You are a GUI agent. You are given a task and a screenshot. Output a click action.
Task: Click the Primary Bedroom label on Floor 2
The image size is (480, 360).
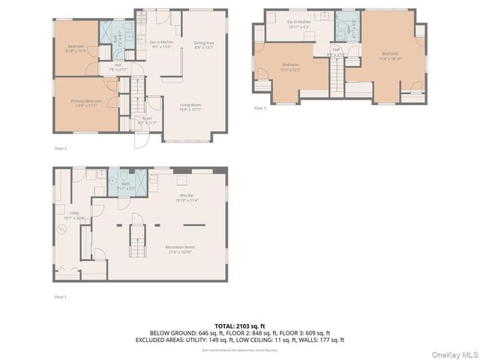click(x=87, y=103)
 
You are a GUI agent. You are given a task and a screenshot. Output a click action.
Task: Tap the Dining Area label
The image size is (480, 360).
click(x=204, y=45)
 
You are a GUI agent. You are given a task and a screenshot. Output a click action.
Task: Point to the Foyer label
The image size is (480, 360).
click(x=147, y=120)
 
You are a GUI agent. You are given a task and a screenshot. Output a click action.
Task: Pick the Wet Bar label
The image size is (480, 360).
click(x=185, y=199)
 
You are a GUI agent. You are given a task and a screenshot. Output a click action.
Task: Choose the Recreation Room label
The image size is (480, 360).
click(x=180, y=249)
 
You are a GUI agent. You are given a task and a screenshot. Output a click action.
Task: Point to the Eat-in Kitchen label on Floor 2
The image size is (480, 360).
click(x=162, y=45)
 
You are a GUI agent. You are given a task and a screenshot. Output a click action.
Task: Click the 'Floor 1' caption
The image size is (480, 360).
click(x=61, y=297)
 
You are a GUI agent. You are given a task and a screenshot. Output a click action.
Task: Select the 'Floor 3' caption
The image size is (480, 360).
click(x=260, y=108)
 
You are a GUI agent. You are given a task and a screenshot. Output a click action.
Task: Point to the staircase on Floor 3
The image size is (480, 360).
click(x=337, y=73)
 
